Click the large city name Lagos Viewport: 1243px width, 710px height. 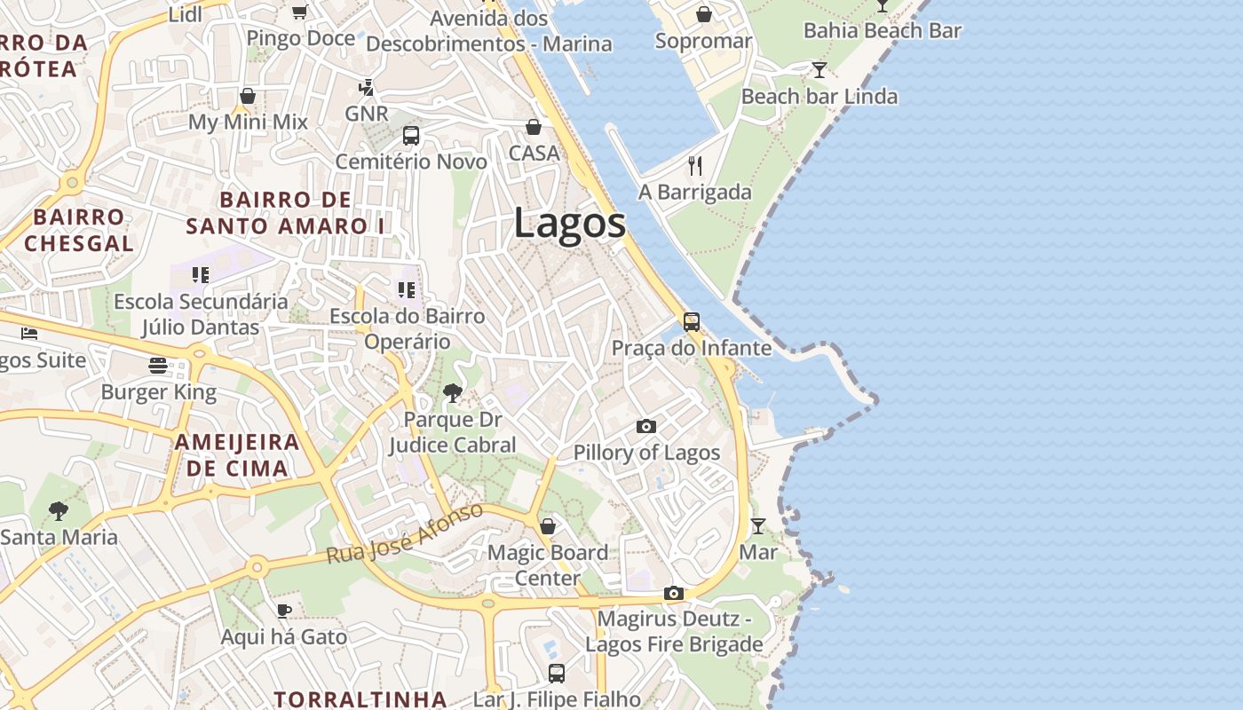click(x=569, y=223)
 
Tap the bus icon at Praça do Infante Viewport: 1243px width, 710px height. click(x=692, y=322)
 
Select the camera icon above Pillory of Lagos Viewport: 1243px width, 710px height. click(x=646, y=427)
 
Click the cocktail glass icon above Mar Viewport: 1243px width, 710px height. click(x=757, y=526)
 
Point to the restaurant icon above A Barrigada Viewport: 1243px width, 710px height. click(x=695, y=166)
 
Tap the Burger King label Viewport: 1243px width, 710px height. click(x=158, y=392)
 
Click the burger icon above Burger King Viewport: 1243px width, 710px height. click(x=158, y=366)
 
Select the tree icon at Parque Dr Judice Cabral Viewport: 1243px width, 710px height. click(x=453, y=392)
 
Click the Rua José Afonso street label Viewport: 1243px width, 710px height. click(x=405, y=534)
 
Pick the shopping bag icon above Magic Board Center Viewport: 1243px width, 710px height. click(x=548, y=526)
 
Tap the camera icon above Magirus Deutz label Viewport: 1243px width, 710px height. click(x=674, y=593)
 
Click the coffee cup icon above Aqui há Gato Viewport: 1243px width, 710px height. click(x=283, y=611)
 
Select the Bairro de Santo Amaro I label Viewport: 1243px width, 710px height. click(x=285, y=213)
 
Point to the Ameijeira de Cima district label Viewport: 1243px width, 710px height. click(x=237, y=455)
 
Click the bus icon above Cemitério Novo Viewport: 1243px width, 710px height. click(x=410, y=136)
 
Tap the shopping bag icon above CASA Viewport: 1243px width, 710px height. click(x=534, y=127)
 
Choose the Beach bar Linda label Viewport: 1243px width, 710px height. click(x=819, y=96)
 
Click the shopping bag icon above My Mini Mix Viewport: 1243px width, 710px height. click(x=248, y=96)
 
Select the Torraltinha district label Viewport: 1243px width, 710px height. click(x=360, y=698)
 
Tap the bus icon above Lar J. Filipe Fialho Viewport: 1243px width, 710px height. click(x=557, y=673)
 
